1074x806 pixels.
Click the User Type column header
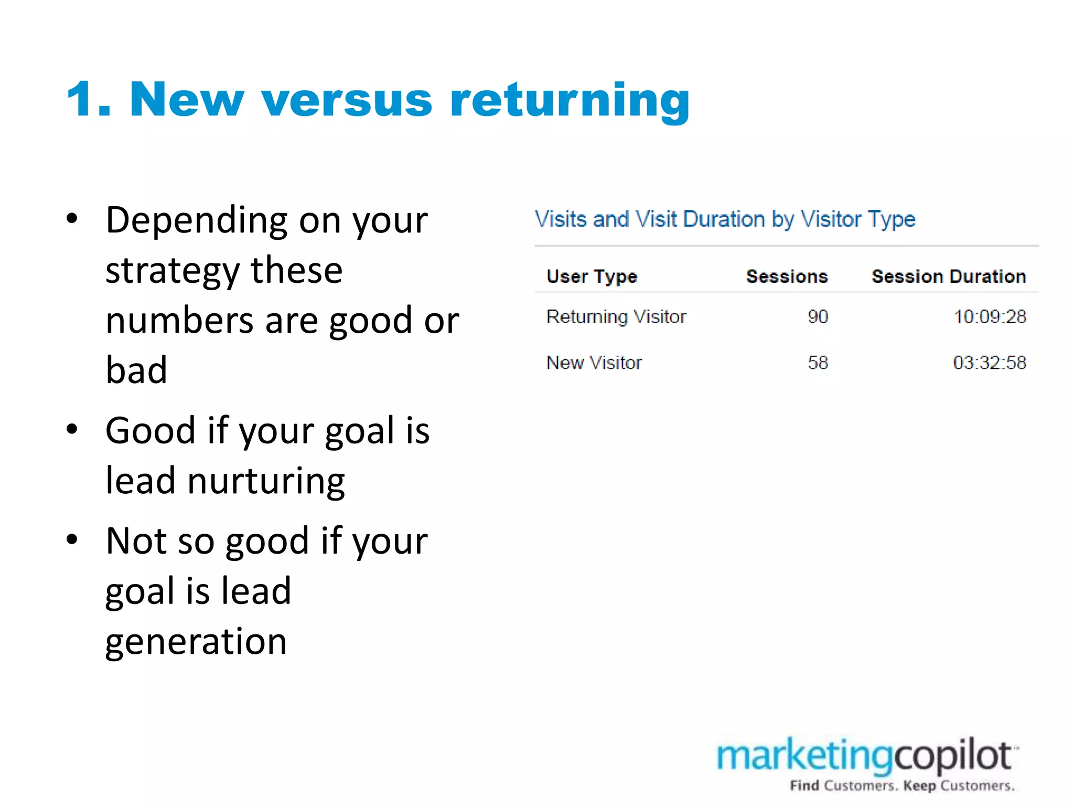(x=592, y=277)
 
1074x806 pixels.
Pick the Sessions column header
(x=787, y=277)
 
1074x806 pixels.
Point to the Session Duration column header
(x=948, y=277)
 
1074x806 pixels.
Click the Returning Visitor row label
(x=616, y=317)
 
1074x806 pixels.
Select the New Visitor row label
(x=594, y=363)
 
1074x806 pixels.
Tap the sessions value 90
(x=818, y=317)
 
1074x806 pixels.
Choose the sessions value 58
(x=818, y=363)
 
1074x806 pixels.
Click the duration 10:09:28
(x=989, y=317)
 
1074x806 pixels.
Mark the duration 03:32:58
(x=989, y=363)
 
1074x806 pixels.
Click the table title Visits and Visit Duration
(x=725, y=219)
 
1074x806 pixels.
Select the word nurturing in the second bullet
(x=266, y=481)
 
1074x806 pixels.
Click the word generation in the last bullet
(x=196, y=642)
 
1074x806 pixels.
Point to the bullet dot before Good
(x=72, y=429)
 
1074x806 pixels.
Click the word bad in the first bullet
(x=136, y=370)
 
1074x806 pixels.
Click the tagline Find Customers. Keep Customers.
(x=902, y=786)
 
